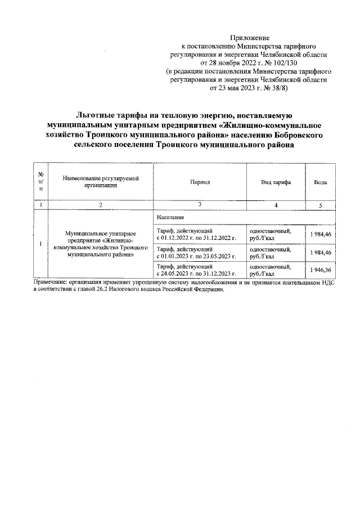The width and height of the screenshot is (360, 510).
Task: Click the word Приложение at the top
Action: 251,37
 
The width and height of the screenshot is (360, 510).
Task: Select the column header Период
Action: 200,183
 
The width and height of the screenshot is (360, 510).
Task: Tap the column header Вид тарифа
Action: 276,183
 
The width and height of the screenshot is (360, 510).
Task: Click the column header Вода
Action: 319,183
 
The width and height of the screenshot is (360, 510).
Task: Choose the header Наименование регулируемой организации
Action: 100,181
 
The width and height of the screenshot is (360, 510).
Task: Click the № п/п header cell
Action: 40,182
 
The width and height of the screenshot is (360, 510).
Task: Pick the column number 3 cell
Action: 200,205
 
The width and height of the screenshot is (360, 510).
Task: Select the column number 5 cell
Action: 319,205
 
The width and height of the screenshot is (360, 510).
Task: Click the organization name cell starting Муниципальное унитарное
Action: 100,244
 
